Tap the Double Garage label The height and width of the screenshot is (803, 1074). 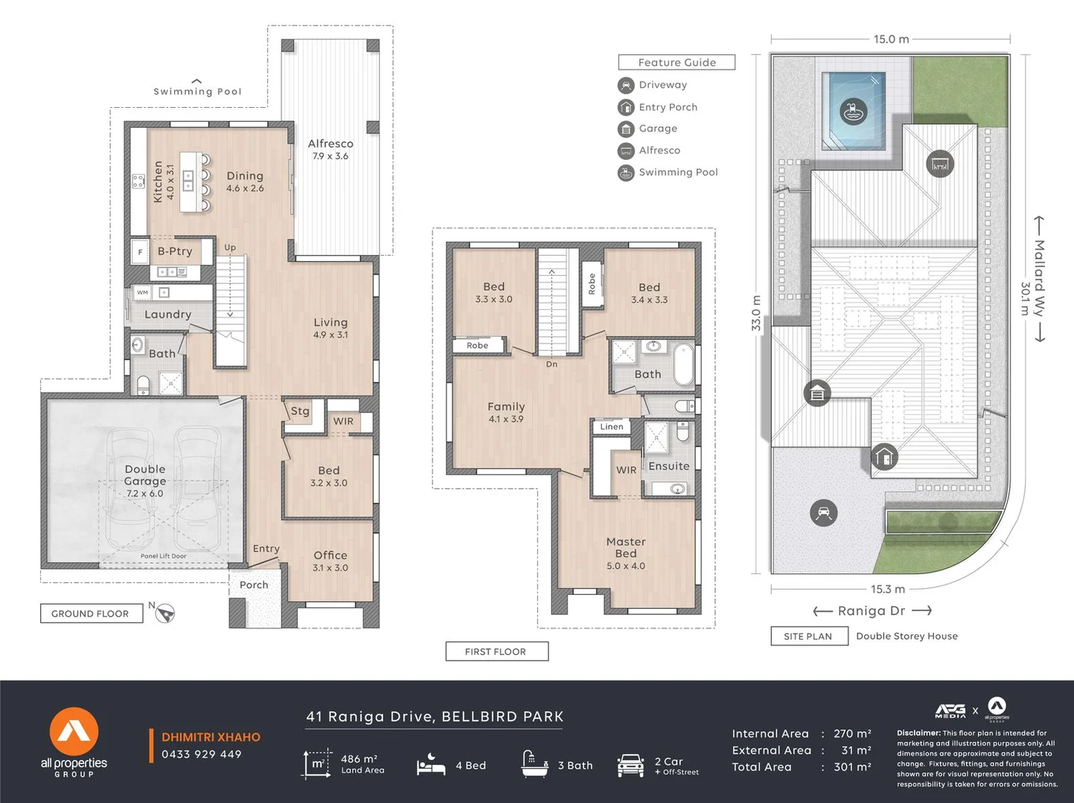145,475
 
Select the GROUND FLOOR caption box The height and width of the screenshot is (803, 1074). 91,613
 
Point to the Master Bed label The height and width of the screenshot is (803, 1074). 625,547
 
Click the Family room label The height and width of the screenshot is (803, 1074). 506,407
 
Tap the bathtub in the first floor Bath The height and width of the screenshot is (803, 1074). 683,364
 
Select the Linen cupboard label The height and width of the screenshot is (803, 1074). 612,426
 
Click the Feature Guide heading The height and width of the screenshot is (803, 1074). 677,62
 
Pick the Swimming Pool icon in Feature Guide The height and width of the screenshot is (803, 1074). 626,172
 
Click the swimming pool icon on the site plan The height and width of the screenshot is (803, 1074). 853,112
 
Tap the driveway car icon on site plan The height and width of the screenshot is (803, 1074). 823,512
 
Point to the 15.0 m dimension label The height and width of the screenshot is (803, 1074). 891,39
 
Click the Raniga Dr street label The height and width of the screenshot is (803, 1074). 872,610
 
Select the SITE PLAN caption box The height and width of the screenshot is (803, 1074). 808,636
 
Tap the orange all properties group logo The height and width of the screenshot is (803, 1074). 74,732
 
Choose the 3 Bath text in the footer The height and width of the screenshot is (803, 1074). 575,765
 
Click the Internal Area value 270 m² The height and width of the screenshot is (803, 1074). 852,734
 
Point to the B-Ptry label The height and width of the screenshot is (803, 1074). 175,251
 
